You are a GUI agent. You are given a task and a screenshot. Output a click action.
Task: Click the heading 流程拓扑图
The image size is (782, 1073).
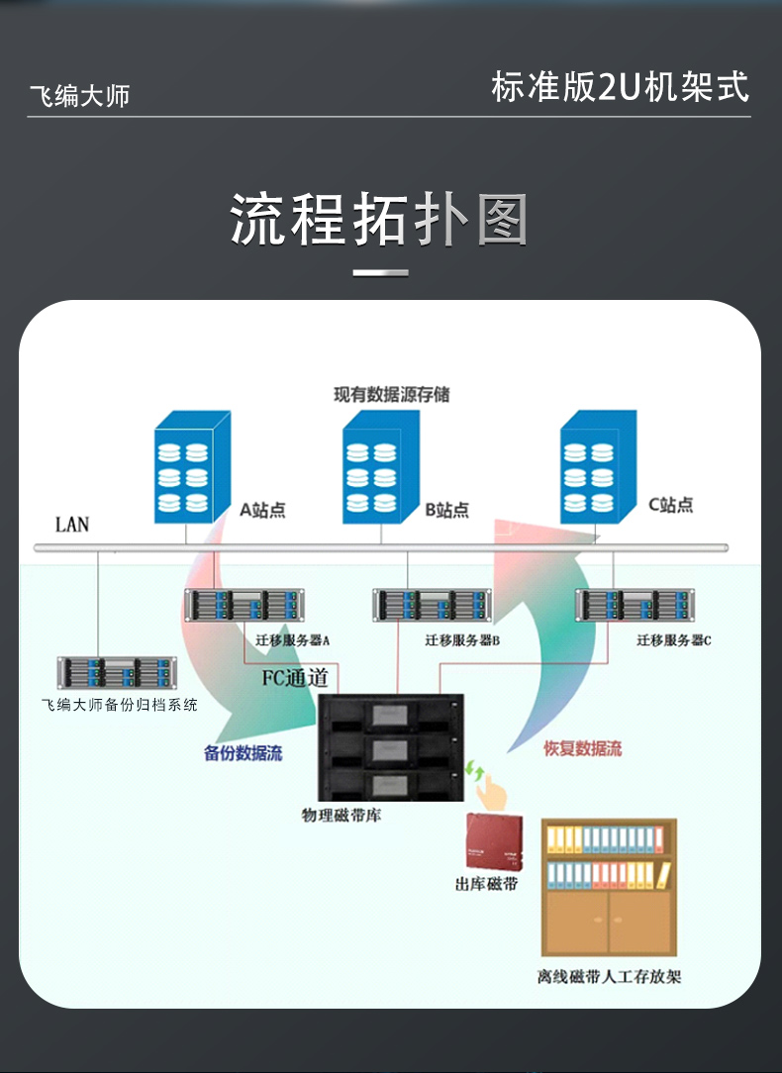click(379, 220)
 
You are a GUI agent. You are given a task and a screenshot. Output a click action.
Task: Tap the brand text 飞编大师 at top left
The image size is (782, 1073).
click(80, 96)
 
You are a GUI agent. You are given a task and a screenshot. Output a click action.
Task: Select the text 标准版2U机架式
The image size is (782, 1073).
click(620, 87)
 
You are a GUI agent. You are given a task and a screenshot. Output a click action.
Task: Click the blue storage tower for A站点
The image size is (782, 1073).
click(192, 467)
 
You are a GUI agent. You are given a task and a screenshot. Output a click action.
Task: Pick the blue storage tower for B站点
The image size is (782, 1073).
click(381, 467)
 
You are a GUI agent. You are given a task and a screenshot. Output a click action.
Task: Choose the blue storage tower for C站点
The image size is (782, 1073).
click(598, 467)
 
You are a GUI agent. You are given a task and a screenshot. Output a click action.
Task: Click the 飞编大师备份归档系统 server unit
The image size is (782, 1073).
click(116, 673)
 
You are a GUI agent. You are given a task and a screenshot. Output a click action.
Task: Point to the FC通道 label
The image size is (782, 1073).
click(294, 678)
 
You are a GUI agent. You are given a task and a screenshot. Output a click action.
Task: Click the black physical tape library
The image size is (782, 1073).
click(391, 746)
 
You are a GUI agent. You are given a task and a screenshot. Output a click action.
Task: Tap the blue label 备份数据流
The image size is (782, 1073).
click(244, 753)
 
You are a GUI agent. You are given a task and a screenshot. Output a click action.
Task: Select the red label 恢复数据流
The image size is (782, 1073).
click(583, 749)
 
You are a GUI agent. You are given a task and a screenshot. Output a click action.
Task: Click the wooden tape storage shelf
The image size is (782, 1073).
click(609, 887)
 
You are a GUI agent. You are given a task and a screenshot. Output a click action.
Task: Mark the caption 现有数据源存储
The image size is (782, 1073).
click(391, 395)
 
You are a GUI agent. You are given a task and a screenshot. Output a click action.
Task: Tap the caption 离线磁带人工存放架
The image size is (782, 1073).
click(609, 977)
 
